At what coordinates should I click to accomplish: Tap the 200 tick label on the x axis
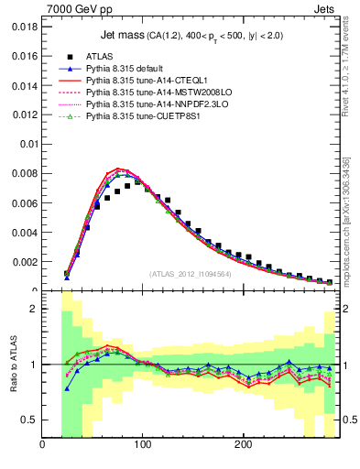tap(243, 445)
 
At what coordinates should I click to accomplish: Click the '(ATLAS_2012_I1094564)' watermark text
tap(189, 273)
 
